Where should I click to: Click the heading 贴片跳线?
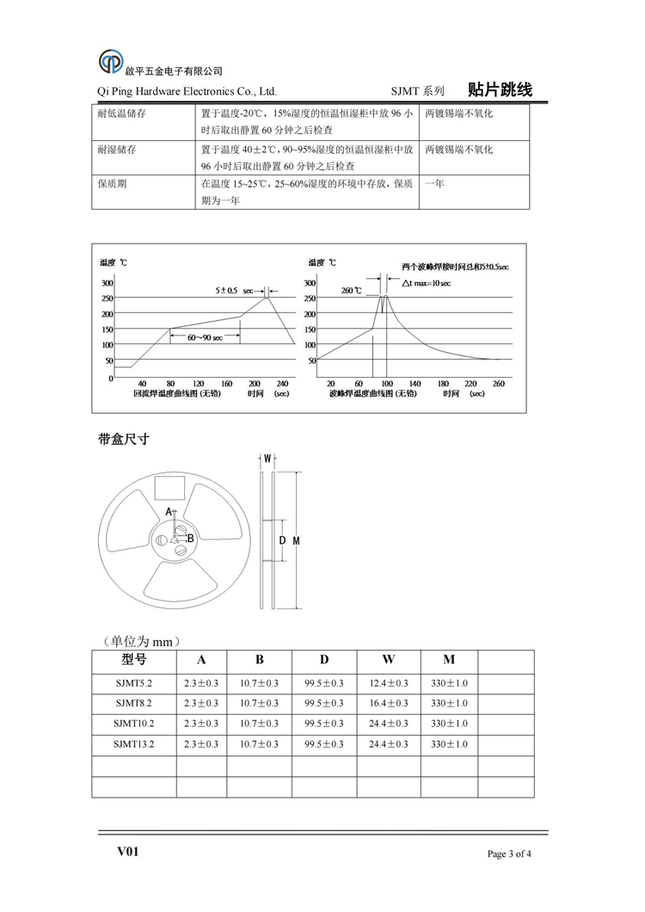[x=500, y=89]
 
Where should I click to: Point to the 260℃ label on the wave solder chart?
[x=353, y=290]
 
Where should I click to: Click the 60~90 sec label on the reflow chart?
[x=205, y=337]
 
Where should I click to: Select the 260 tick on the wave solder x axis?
[x=498, y=384]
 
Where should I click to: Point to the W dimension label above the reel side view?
[x=267, y=459]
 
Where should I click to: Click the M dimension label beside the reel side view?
[x=296, y=540]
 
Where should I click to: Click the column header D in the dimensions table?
[x=324, y=660]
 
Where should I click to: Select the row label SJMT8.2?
[x=132, y=703]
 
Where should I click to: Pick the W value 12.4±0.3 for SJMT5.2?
[x=388, y=683]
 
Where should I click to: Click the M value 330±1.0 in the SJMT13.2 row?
[x=449, y=744]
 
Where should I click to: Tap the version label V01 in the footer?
[x=128, y=852]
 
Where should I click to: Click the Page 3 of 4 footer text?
[x=510, y=854]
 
